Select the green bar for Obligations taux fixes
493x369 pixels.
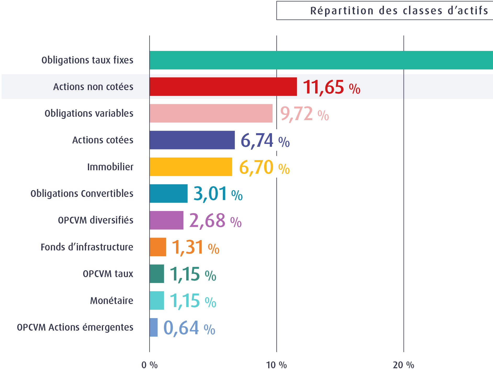pos(321,60)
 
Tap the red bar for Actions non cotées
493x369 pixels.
pos(223,87)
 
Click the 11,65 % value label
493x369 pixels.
pos(331,87)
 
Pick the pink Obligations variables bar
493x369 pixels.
pos(211,113)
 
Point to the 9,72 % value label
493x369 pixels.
pos(304,114)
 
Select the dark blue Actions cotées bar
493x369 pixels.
pos(192,140)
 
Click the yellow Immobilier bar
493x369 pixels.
pos(191,167)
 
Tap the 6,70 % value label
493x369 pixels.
pos(264,167)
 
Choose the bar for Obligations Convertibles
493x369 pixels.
pos(168,194)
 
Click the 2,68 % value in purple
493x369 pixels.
pos(215,221)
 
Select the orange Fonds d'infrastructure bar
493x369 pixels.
pos(158,247)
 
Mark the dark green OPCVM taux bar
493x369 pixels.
pos(157,274)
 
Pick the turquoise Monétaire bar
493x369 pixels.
pos(157,301)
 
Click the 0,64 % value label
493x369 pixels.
pos(189,328)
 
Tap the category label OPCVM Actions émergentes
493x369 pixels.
pos(75,327)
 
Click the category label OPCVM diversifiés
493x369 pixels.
pos(95,220)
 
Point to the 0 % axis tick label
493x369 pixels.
pos(149,365)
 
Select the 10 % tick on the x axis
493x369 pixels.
pos(276,365)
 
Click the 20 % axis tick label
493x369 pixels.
pos(403,365)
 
